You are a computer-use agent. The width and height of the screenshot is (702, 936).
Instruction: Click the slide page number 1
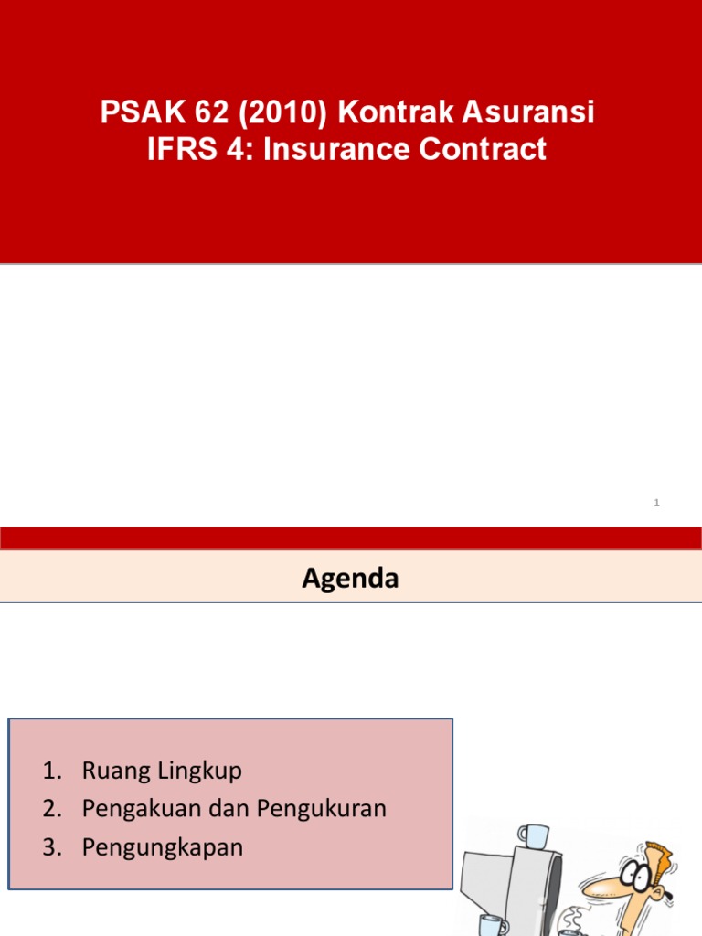[657, 504]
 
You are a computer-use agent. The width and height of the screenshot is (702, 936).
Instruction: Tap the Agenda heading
[350, 579]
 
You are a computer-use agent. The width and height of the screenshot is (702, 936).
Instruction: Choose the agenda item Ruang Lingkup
[162, 771]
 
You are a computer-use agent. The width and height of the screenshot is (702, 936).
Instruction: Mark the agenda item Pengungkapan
[163, 847]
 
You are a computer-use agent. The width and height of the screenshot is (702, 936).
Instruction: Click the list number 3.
[50, 847]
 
